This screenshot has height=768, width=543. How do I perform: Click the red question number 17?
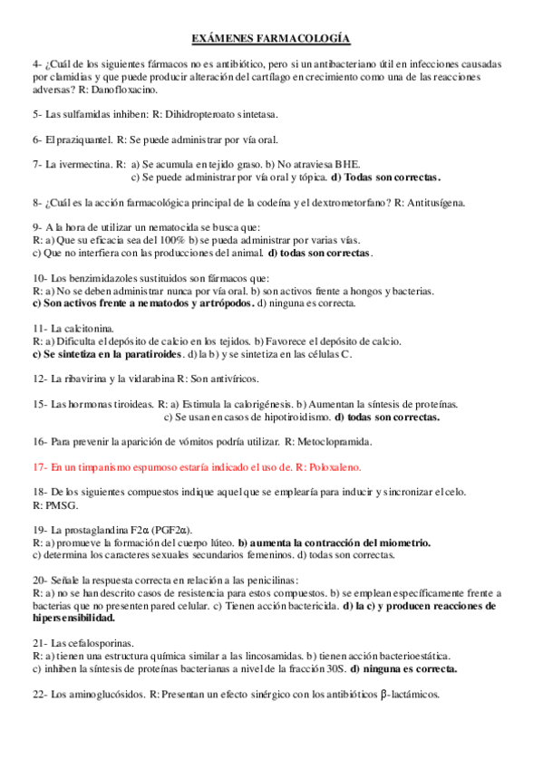point(38,467)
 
